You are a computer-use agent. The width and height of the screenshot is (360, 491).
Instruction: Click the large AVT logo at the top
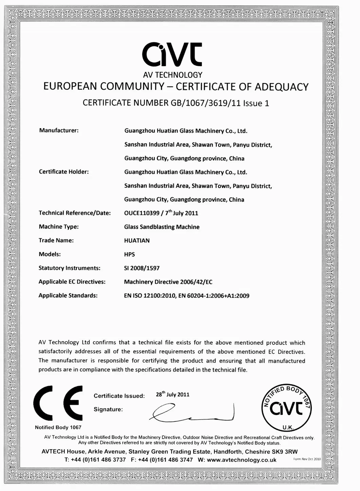(x=172, y=54)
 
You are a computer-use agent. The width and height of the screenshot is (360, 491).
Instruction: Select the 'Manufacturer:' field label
(x=59, y=130)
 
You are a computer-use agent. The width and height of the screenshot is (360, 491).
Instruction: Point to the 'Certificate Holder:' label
(x=64, y=172)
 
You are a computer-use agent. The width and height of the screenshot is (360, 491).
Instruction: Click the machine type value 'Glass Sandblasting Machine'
(x=162, y=227)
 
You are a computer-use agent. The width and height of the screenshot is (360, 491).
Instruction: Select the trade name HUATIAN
(x=137, y=240)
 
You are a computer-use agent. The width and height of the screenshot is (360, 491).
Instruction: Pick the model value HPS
(x=129, y=254)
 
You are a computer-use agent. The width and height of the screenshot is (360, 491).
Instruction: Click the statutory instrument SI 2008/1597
(x=142, y=268)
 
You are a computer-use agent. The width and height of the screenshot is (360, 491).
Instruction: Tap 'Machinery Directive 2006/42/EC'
(x=168, y=282)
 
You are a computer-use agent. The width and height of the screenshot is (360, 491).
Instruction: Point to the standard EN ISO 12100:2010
(x=149, y=296)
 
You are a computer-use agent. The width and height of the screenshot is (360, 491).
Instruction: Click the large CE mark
(x=58, y=403)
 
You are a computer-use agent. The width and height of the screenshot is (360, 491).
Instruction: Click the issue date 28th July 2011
(x=173, y=395)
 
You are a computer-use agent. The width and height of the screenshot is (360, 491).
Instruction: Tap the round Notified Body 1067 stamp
(x=287, y=407)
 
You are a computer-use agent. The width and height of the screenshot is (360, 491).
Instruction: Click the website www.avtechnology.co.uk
(x=241, y=460)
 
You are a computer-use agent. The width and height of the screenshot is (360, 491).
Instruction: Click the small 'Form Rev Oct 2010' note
(x=307, y=459)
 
